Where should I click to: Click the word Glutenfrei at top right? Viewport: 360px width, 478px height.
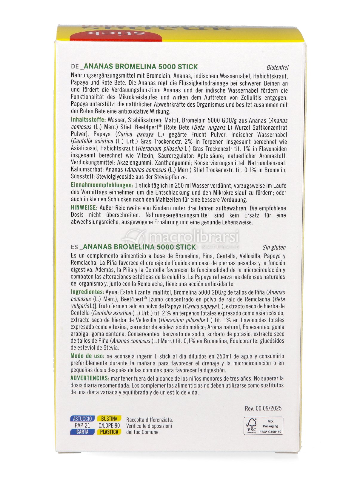pos(277,68)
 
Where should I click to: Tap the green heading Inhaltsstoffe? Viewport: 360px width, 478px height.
pos(88,120)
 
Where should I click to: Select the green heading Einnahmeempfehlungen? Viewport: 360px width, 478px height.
pos(102,185)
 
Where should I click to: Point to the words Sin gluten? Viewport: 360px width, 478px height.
pos(274,247)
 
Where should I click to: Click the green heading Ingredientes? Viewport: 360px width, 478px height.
pos(87,292)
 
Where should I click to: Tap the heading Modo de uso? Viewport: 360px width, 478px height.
pos(87,356)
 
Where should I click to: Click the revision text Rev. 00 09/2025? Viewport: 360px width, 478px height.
pos(263,408)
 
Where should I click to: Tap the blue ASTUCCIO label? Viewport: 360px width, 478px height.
pos(82,419)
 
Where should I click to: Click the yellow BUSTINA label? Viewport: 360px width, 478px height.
pos(109,419)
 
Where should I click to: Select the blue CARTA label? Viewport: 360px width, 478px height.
pos(82,432)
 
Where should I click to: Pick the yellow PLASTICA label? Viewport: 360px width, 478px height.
pos(109,432)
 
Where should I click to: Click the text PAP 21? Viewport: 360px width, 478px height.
pos(82,425)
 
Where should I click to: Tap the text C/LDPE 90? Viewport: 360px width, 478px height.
pos(109,425)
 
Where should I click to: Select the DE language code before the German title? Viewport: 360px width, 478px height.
pos(75,67)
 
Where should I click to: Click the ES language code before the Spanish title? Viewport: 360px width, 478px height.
pos(74,247)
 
